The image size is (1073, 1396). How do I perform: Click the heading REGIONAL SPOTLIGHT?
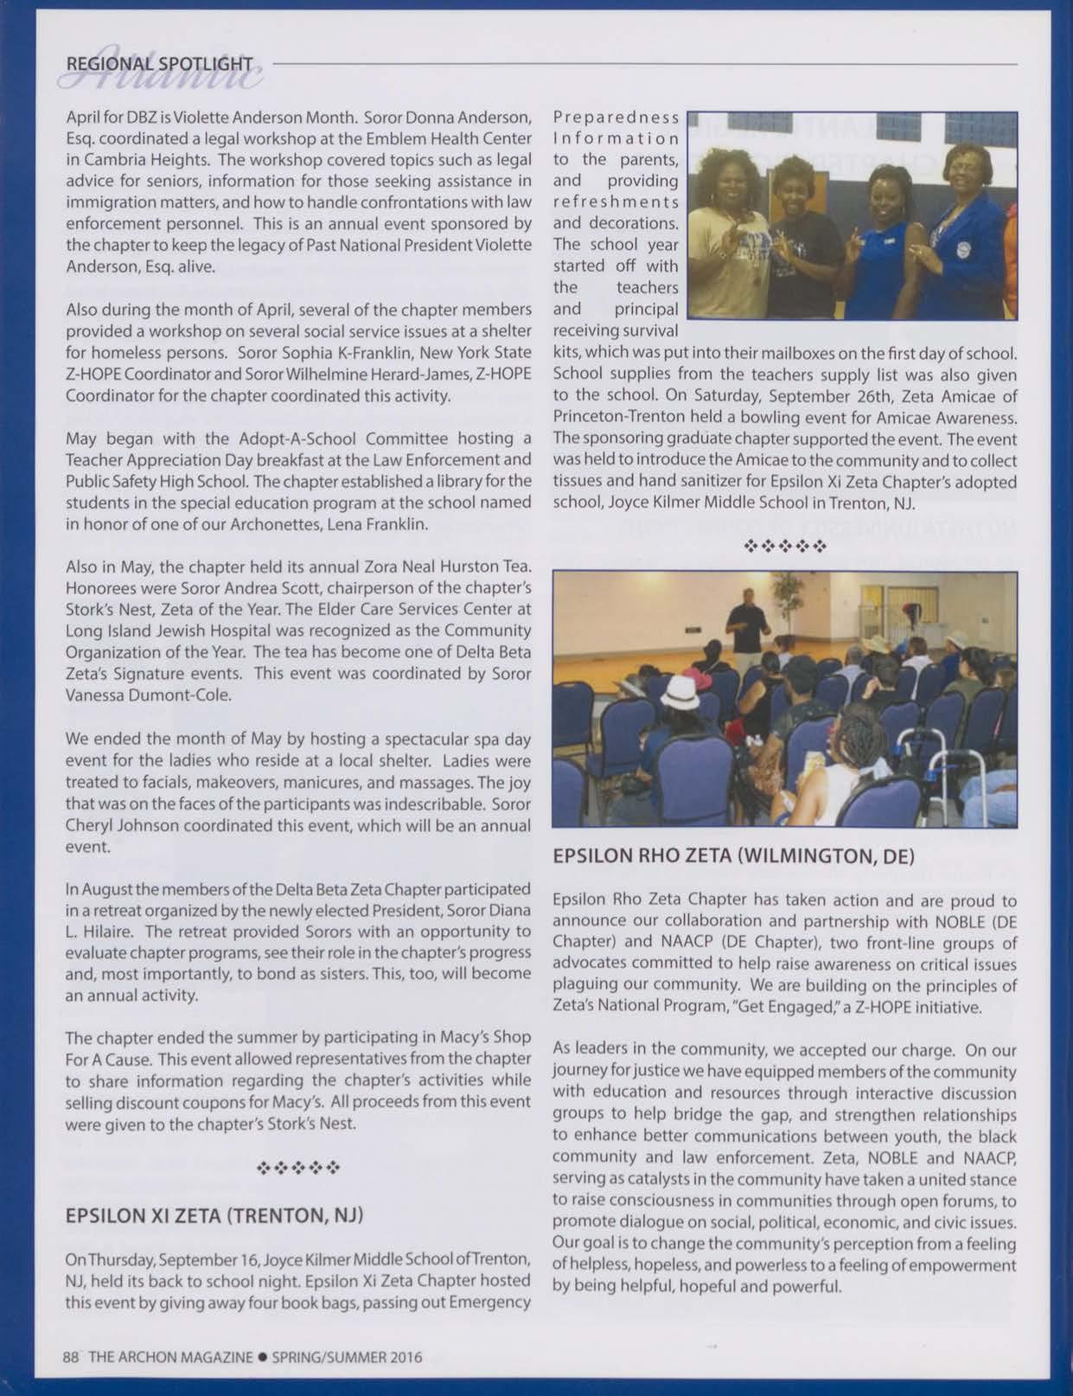pos(159,64)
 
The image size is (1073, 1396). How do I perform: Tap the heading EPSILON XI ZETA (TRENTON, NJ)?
pos(214,1215)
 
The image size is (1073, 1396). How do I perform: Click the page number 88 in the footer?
pos(71,1357)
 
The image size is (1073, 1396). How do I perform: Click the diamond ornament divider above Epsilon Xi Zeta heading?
pos(297,1169)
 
